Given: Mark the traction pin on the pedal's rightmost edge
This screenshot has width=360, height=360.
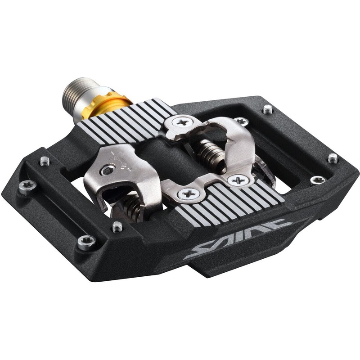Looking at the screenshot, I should pos(333,158).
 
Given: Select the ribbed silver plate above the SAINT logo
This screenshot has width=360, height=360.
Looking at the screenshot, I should pos(232,202).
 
